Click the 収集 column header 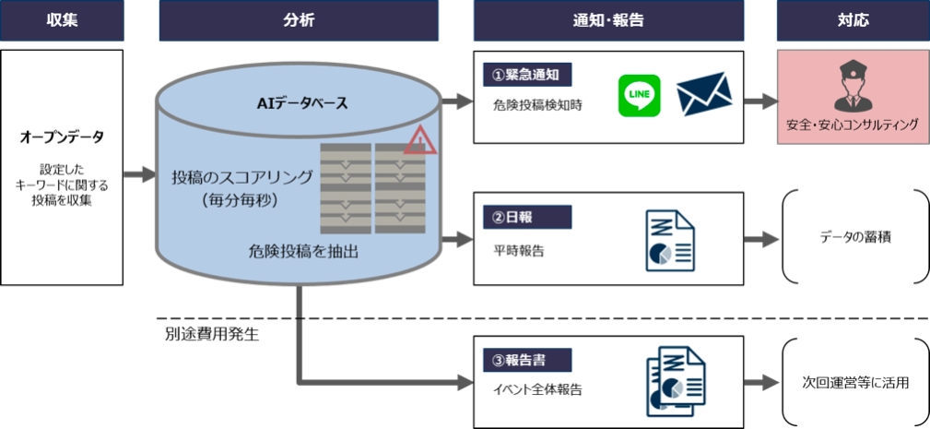coord(62,20)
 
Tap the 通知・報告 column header coord(608,20)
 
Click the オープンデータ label coord(62,137)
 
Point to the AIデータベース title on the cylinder coord(302,103)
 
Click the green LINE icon coord(640,96)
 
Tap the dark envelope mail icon coord(704,96)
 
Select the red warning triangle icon coord(420,139)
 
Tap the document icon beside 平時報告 coord(670,240)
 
